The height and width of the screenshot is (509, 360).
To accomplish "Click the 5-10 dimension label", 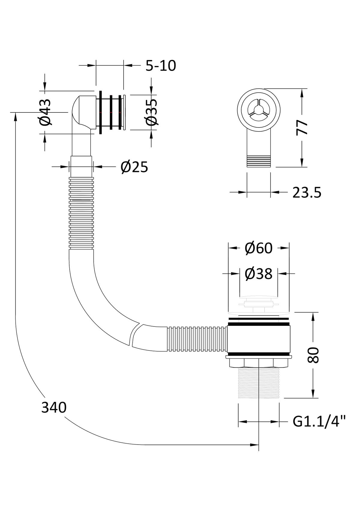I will tap(160, 66).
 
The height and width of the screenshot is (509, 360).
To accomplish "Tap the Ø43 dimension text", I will tap(45, 112).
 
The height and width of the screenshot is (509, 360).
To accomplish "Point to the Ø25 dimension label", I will tap(134, 167).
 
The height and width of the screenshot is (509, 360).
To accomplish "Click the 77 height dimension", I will tap(302, 127).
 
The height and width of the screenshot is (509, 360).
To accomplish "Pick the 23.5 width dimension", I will tap(307, 193).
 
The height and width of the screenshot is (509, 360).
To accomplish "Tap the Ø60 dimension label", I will tap(258, 248).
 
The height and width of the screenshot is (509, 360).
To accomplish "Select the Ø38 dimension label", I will tap(258, 274).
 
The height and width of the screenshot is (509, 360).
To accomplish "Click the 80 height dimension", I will tap(313, 356).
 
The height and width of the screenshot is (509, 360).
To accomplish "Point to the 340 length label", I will tap(54, 408).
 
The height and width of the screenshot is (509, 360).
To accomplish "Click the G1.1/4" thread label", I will tap(319, 422).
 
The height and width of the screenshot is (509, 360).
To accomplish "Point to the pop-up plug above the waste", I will tap(259, 304).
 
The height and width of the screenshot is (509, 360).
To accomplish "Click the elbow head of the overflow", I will tap(82, 111).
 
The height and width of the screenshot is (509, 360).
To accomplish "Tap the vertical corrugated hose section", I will tap(81, 213).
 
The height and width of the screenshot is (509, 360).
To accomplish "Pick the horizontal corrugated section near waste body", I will tap(196, 339).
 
